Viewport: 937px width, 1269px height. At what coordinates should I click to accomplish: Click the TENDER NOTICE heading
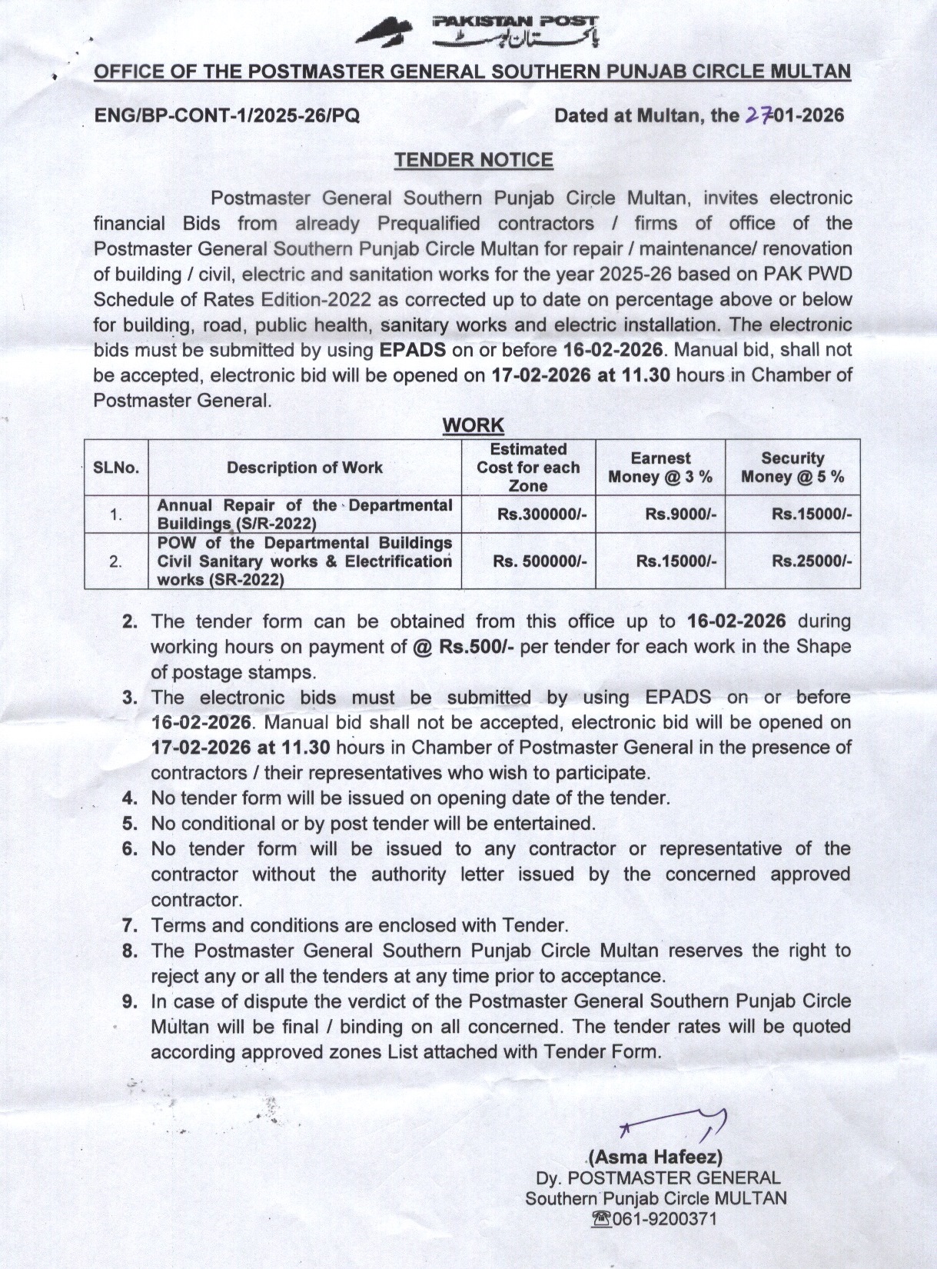click(473, 160)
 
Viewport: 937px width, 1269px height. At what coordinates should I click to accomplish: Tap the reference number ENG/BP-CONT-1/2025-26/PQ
click(226, 116)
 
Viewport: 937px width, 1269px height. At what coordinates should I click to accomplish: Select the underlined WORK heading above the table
click(473, 425)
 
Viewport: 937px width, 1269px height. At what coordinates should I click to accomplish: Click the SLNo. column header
click(116, 468)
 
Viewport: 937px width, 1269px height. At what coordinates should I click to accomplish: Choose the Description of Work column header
click(304, 468)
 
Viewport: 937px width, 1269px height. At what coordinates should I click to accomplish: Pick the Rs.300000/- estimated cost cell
click(542, 515)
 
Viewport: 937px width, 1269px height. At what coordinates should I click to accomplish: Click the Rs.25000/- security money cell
click(812, 561)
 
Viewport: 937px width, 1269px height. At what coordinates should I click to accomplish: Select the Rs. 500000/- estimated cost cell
click(540, 561)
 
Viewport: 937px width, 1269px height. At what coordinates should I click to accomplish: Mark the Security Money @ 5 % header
click(792, 468)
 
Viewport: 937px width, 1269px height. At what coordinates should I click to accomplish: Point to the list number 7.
click(130, 924)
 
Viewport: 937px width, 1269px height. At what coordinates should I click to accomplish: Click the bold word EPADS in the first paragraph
click(413, 350)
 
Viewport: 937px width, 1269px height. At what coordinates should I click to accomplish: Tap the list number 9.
click(130, 1001)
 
